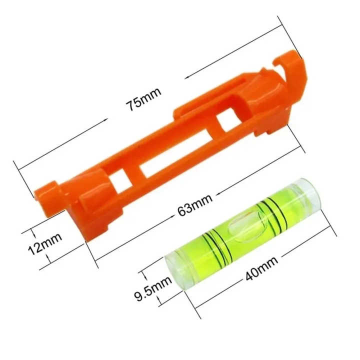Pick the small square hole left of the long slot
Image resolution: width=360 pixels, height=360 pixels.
(x=120, y=180)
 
